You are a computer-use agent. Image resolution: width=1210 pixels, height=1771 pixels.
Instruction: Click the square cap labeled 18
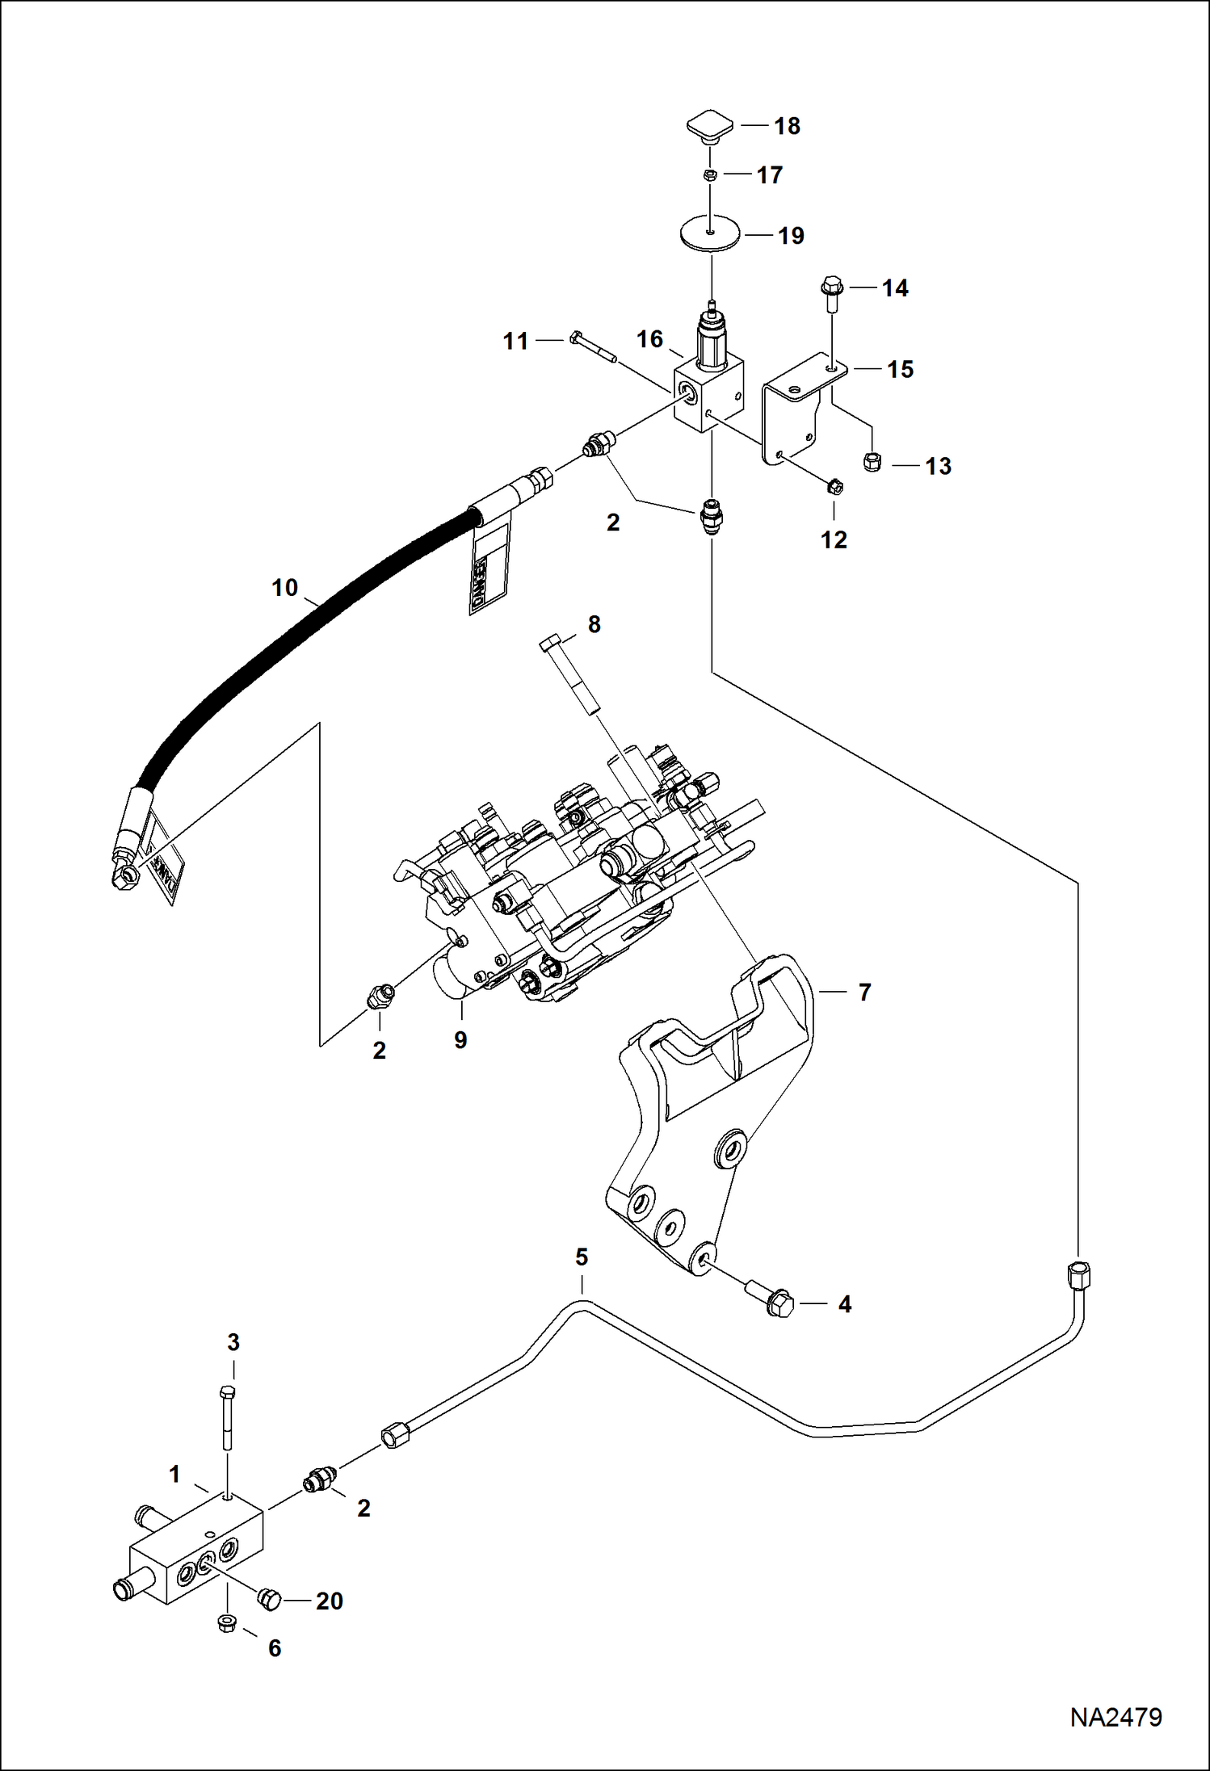(x=710, y=128)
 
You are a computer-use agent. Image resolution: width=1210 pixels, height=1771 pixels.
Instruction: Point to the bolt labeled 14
(x=832, y=296)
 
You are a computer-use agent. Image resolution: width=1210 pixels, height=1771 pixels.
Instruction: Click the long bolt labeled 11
(x=593, y=346)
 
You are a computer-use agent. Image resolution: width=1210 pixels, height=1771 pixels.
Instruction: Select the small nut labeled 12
(x=835, y=486)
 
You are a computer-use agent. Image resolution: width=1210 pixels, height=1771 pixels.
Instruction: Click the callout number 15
(x=900, y=369)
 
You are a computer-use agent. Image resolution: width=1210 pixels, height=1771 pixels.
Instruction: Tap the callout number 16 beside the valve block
(x=650, y=339)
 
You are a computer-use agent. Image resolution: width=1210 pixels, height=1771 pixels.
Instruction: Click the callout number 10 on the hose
(x=284, y=587)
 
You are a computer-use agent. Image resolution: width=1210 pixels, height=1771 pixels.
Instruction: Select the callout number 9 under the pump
(x=460, y=1039)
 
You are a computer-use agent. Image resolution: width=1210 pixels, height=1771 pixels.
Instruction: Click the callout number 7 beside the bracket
(x=864, y=992)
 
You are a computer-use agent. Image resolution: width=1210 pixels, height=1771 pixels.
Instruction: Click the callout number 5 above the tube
(x=582, y=1257)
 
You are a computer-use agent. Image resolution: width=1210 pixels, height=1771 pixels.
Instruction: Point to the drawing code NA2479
(x=1115, y=1717)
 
